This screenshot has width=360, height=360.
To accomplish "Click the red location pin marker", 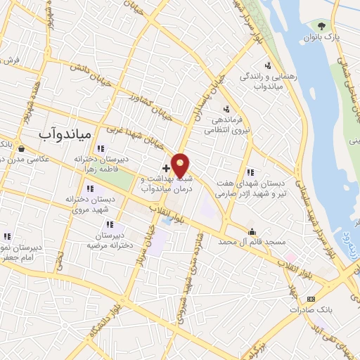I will click(x=181, y=165).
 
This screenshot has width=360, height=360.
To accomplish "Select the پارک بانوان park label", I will click(x=323, y=37).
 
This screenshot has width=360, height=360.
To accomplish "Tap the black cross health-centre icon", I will click(x=166, y=168).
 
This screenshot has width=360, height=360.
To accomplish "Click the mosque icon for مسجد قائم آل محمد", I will click(x=252, y=231).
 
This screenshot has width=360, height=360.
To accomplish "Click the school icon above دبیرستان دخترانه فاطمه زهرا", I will click(x=101, y=148).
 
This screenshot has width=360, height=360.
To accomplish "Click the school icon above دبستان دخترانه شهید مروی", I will click(x=89, y=188).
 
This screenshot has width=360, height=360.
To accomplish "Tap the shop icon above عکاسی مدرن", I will click(x=22, y=148).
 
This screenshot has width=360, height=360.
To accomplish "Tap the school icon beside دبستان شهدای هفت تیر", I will click(x=251, y=172).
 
